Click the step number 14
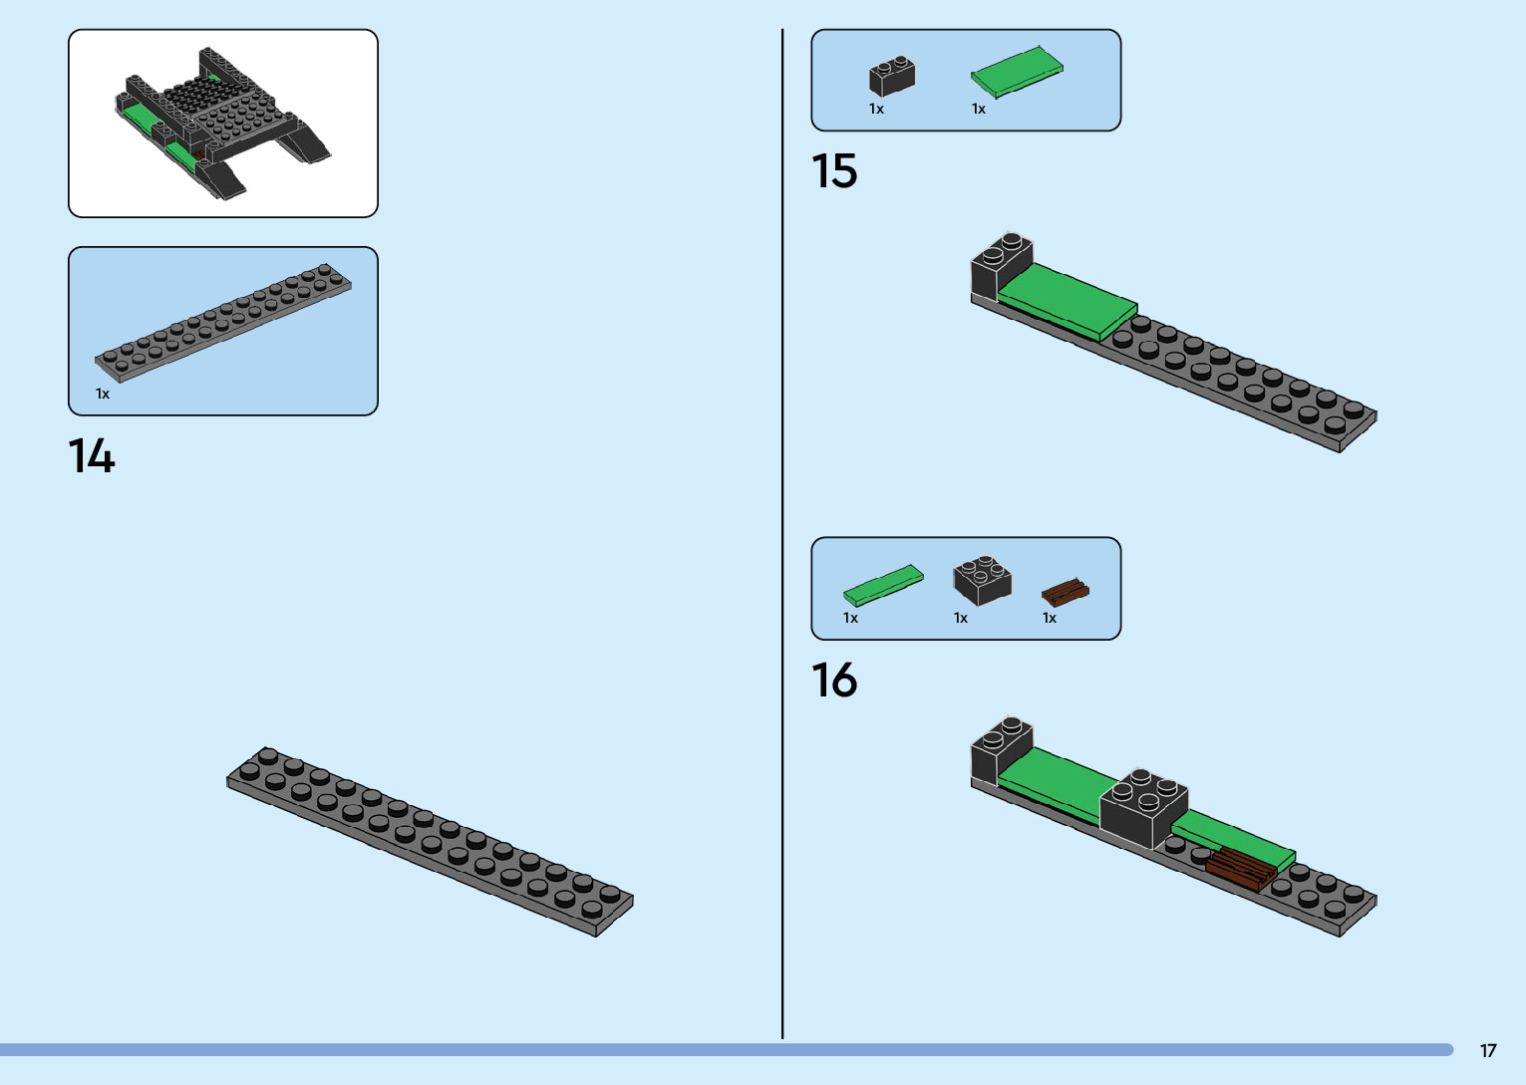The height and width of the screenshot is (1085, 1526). (x=92, y=456)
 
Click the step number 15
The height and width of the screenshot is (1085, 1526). (x=834, y=171)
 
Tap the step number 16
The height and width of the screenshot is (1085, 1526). (x=834, y=680)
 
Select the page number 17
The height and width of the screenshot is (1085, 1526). (x=1488, y=1051)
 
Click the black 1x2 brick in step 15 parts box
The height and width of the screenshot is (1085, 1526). (x=891, y=77)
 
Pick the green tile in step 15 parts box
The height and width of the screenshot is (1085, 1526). (x=1017, y=72)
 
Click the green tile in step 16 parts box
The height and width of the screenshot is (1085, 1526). (x=883, y=586)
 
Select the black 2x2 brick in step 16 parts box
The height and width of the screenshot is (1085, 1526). (x=982, y=581)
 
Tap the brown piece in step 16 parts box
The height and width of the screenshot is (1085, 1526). (x=1065, y=593)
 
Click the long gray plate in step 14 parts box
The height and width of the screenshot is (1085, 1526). (x=223, y=323)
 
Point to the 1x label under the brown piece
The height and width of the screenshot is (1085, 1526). (x=1050, y=619)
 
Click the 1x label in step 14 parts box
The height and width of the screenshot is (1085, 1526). (x=103, y=395)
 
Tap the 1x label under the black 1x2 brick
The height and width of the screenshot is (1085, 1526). (x=876, y=110)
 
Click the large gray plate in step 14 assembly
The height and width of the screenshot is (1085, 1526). (x=430, y=842)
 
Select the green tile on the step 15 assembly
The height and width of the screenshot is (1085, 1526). (x=1067, y=300)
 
